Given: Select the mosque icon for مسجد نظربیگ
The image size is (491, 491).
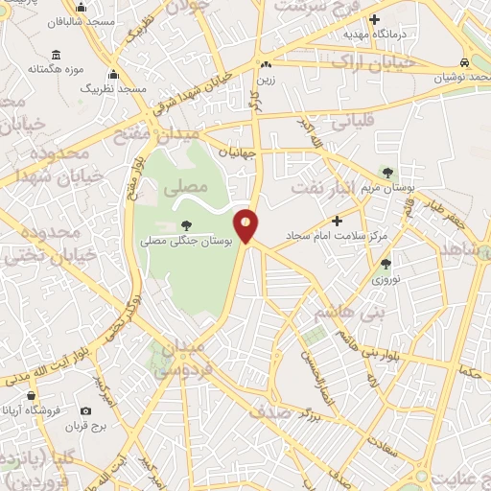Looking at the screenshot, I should point(113,75).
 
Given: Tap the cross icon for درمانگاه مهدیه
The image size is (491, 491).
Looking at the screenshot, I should point(374,19).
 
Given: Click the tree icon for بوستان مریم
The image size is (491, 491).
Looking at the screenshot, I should point(387,174).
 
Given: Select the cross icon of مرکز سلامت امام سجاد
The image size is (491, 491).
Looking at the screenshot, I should point(337,221).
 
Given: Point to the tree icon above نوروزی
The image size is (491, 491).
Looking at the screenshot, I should point(386,264).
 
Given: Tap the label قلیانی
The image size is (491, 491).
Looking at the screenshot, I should point(351,123).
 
